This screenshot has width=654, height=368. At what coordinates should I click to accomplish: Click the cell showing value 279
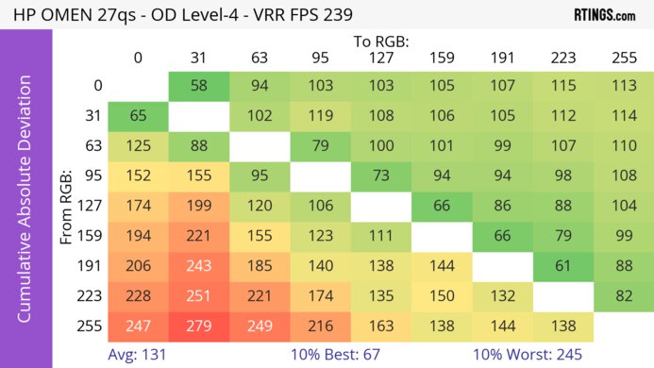pyautogui.click(x=198, y=328)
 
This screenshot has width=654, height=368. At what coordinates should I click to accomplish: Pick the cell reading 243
pyautogui.click(x=198, y=268)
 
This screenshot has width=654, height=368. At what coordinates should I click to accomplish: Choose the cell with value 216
pyautogui.click(x=319, y=328)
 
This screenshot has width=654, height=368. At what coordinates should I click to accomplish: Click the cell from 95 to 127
pyautogui.click(x=379, y=177)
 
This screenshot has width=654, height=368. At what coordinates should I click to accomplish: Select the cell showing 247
pyautogui.click(x=138, y=328)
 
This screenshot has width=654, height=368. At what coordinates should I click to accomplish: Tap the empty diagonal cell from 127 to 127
pyautogui.click(x=379, y=208)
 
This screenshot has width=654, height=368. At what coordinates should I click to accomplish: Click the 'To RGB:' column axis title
pyautogui.click(x=379, y=42)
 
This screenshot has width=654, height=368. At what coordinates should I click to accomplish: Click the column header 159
pyautogui.click(x=440, y=58)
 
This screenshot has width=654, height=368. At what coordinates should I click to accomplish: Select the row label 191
pyautogui.click(x=92, y=268)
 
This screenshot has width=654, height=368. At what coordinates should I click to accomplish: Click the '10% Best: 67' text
pyautogui.click(x=357, y=356)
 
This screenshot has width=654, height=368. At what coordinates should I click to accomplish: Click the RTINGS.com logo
pyautogui.click(x=605, y=15)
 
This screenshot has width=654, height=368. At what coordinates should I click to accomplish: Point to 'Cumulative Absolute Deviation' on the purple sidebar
pyautogui.click(x=25, y=205)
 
